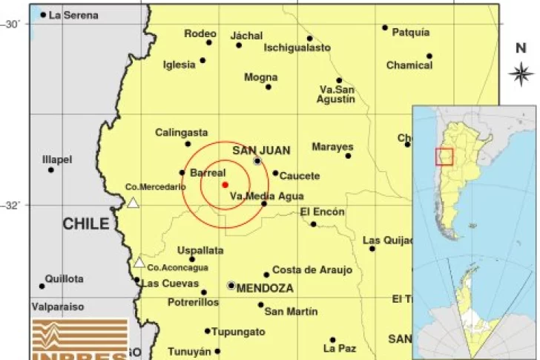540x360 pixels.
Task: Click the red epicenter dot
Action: point(225,184)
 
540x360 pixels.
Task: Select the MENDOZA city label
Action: point(265,287)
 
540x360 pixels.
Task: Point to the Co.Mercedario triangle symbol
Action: point(133,203)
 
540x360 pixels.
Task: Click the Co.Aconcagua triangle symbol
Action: point(139,262)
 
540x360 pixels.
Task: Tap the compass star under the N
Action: point(521,73)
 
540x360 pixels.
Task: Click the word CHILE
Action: point(85,223)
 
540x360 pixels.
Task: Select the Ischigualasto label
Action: point(297,48)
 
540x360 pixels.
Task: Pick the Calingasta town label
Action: point(181,132)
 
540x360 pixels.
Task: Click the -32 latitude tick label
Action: point(13,206)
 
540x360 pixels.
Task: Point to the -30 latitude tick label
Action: point(13,24)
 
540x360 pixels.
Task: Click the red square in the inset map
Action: point(444,157)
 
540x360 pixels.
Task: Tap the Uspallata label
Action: point(200,251)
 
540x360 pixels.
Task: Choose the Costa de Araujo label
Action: point(312,270)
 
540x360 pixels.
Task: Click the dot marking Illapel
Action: point(51,170)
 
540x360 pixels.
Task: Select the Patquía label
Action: point(410,33)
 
